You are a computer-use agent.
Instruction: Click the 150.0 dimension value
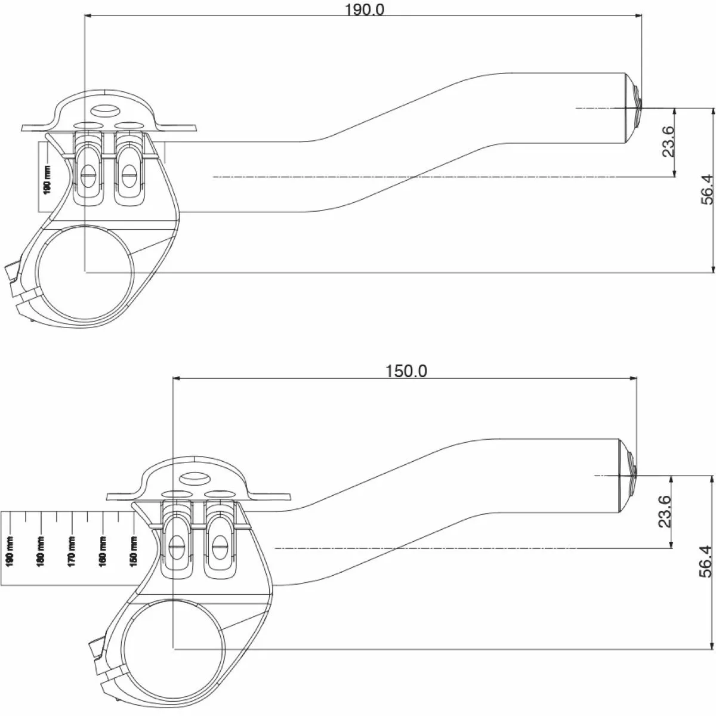(x=406, y=371)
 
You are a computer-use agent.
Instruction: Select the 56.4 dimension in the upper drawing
(x=706, y=189)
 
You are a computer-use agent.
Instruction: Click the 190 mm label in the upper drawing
(x=48, y=178)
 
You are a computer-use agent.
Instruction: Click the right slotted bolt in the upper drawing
(x=128, y=174)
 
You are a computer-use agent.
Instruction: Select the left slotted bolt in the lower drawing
(x=177, y=544)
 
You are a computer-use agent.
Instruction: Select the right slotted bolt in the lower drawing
(x=218, y=544)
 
